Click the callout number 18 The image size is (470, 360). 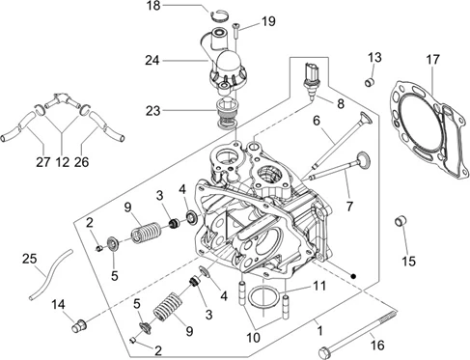[153, 6]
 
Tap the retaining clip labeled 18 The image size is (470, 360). [220, 16]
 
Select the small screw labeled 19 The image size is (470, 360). [236, 32]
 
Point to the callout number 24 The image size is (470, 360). [152, 60]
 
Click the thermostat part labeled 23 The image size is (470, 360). [227, 114]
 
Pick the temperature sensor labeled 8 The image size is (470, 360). [311, 80]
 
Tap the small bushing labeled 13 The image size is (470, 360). [370, 82]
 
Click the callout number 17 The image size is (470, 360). [432, 60]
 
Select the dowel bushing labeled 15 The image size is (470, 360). [401, 221]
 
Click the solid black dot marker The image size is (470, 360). [353, 276]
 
